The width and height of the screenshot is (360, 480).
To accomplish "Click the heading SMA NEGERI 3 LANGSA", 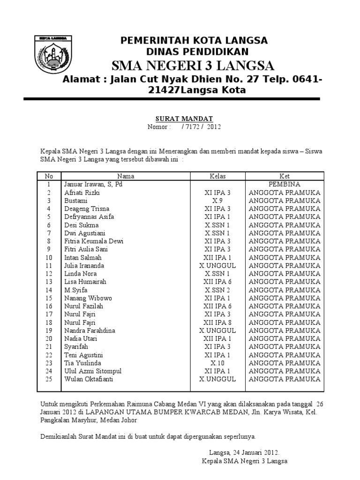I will tap(193, 65).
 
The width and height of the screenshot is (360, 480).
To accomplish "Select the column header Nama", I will tap(126, 176).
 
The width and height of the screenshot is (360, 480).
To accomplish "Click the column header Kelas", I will tap(217, 176).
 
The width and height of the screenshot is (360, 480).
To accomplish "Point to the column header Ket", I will tap(285, 176).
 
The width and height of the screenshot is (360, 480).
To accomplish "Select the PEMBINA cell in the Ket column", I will tap(285, 184).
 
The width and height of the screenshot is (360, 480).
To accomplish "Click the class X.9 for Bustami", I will tap(217, 201).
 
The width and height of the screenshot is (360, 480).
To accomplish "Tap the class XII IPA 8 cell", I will tap(217, 322).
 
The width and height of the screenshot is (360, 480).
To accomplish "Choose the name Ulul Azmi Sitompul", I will tap(89, 371).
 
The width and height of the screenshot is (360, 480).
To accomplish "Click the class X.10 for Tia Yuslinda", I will tap(217, 363).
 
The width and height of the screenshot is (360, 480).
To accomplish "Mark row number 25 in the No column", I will tap(49, 379).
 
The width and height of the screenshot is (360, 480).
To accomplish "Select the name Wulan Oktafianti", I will tap(89, 379).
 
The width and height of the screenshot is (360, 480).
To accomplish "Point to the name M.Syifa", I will tap(76, 290).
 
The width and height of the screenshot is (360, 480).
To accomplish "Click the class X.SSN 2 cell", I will tap(217, 290).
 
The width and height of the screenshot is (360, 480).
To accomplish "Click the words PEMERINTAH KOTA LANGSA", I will tap(194, 40).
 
